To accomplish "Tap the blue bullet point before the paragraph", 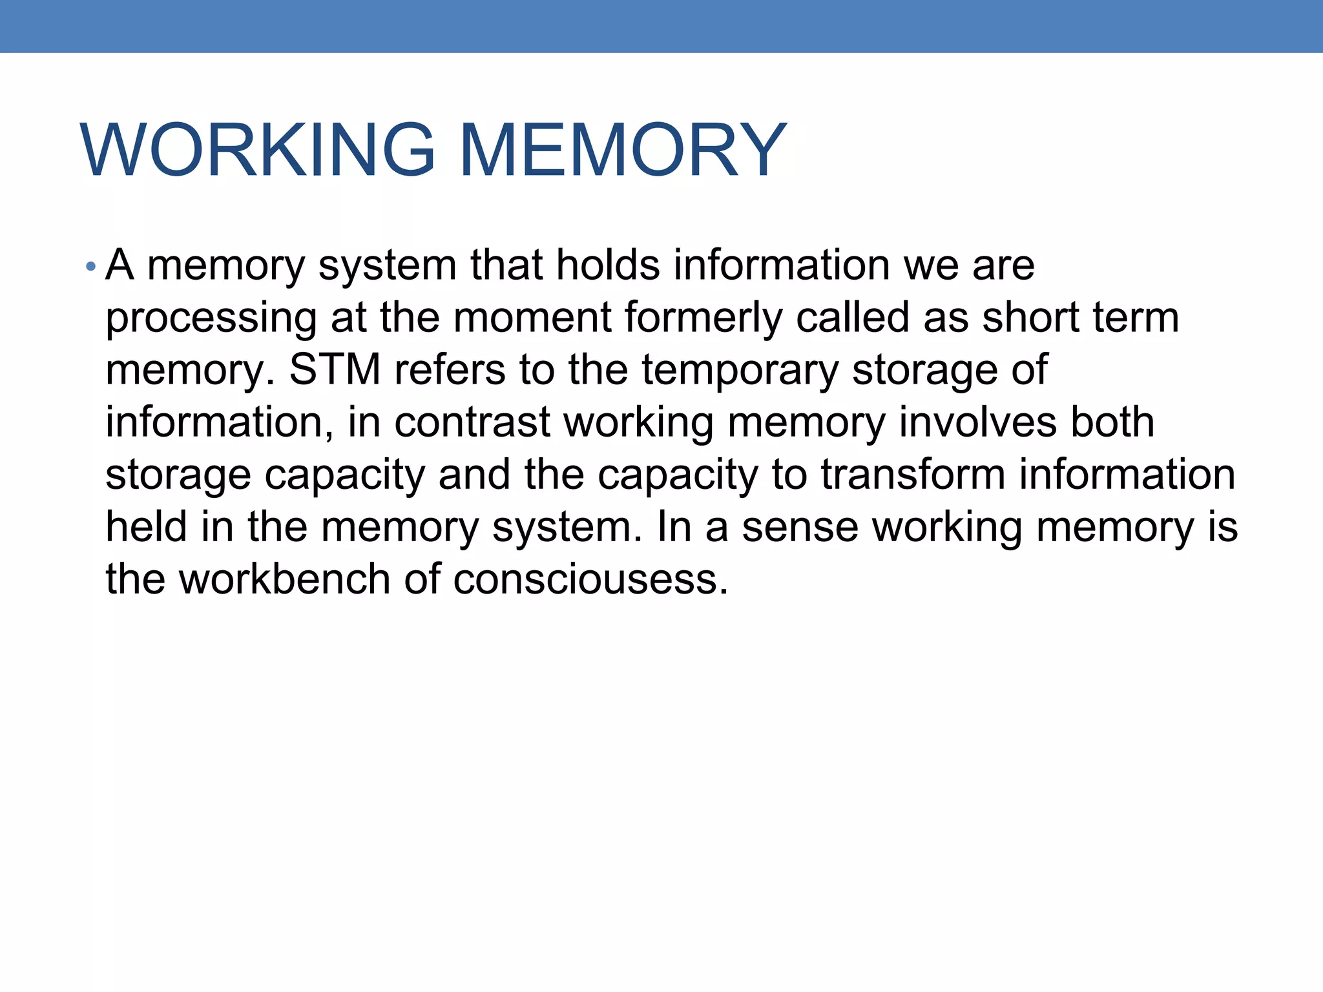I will pos(91,267).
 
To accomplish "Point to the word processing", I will pos(211,319).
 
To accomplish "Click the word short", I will pos(1030,318).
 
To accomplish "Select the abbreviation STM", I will pos(335,370).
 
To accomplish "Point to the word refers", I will pos(450,370).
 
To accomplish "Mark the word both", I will pos(1112,422).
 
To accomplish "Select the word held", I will pos(146,527).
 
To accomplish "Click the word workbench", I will pos(284,579).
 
